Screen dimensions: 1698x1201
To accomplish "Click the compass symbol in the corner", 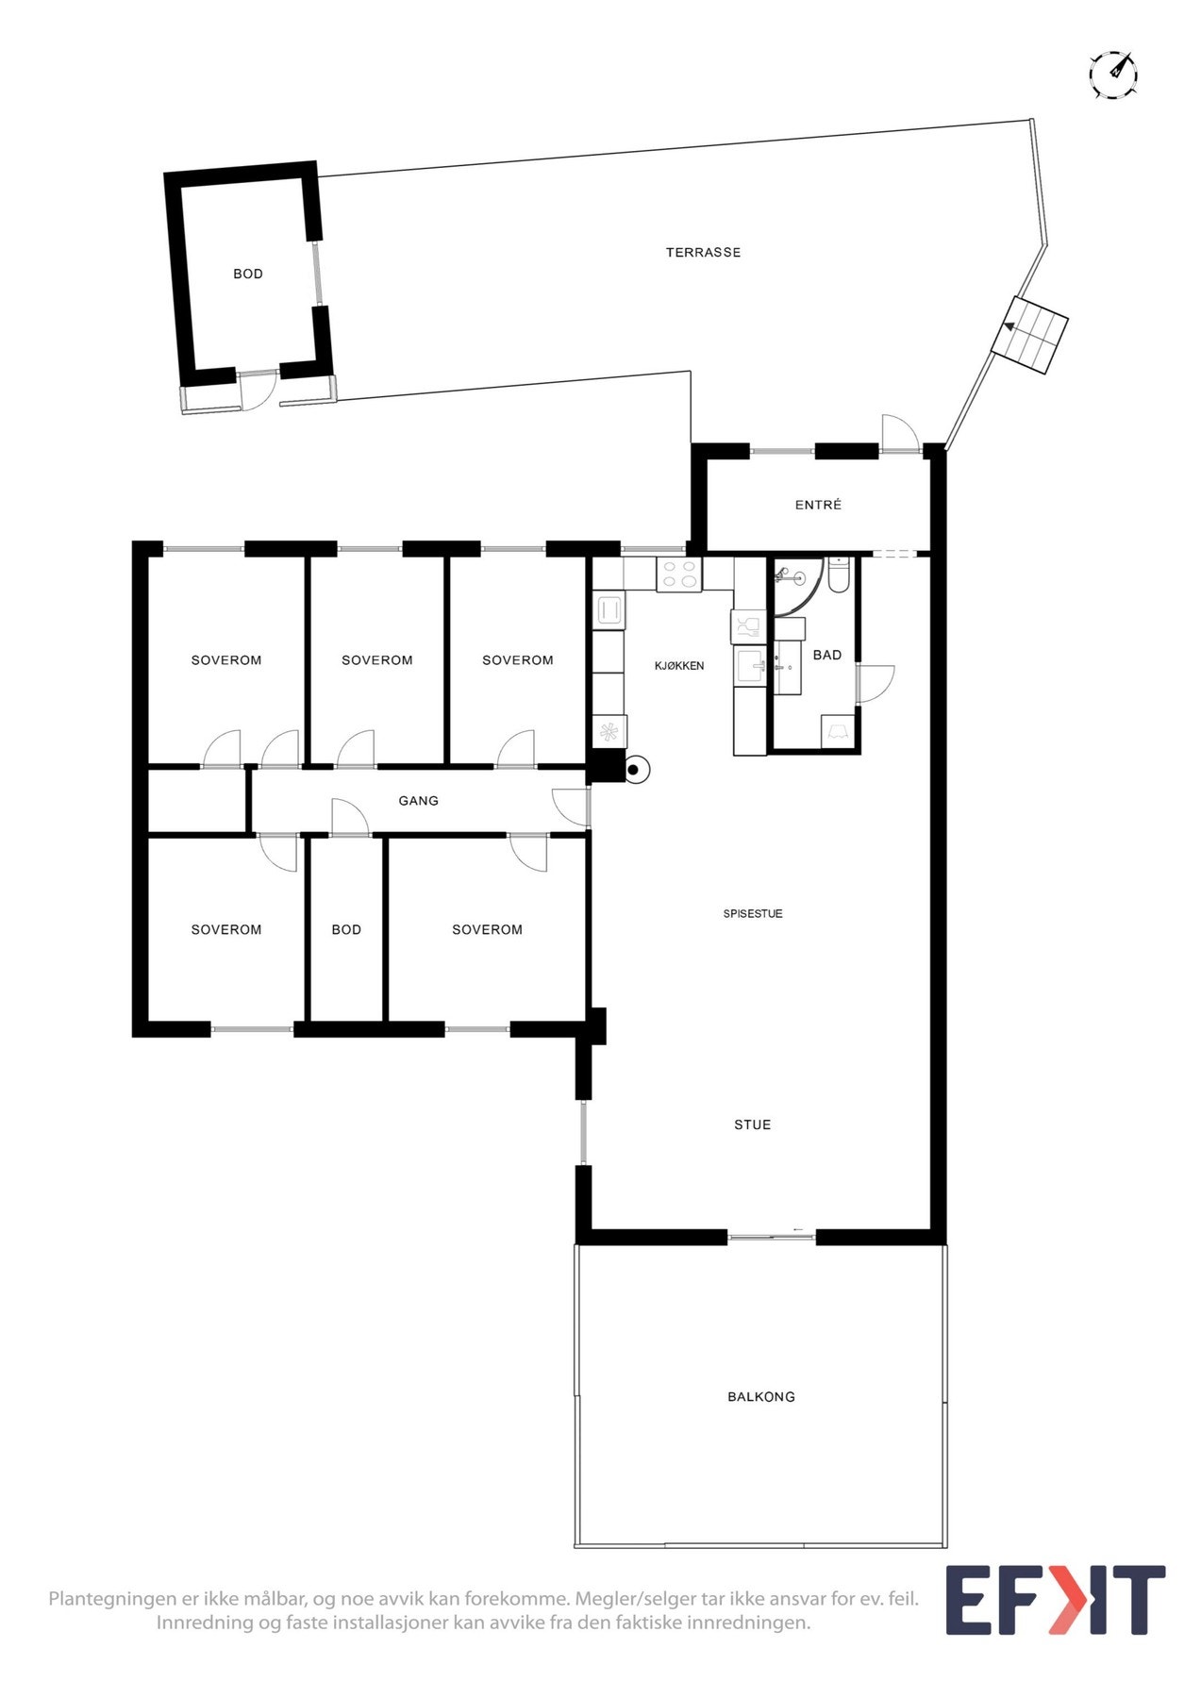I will [x=1113, y=75].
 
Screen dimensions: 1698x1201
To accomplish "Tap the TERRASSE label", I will [x=703, y=253].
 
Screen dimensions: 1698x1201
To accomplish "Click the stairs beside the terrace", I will [x=1029, y=335].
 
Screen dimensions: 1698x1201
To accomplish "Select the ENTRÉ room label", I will [x=818, y=506].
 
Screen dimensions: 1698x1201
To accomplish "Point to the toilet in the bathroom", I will [x=840, y=574].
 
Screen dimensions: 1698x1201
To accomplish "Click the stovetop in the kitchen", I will [x=679, y=574].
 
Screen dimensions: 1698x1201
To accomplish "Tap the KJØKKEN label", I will [x=679, y=666].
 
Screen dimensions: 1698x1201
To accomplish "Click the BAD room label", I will [x=827, y=655].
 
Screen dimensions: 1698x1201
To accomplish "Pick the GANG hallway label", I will [x=418, y=801].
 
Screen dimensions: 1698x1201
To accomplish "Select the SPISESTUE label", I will [x=753, y=914].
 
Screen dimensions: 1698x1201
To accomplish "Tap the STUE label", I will [x=753, y=1125].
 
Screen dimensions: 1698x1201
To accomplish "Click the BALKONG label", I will [x=761, y=1397].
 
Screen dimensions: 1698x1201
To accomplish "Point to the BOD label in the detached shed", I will [x=248, y=275].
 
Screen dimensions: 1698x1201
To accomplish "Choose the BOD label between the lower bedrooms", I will [x=346, y=930].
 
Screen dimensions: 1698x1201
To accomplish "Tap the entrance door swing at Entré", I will [x=899, y=434].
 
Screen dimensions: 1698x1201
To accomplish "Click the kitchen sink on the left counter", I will [x=609, y=610].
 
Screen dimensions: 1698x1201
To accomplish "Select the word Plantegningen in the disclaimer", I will [x=112, y=1599].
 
